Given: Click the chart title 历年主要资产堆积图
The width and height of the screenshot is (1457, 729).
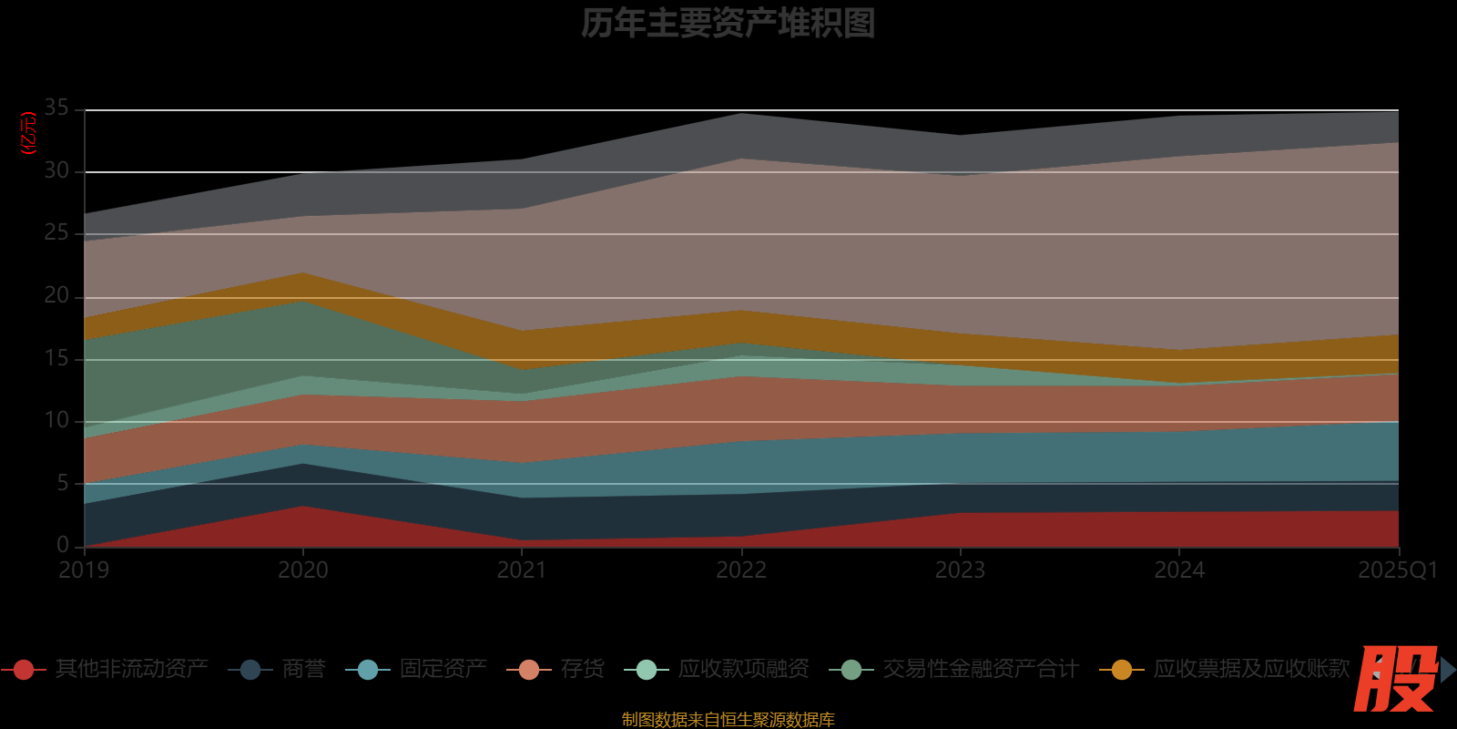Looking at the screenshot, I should (x=728, y=24).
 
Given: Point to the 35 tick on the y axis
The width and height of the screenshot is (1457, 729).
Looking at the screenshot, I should (x=56, y=108).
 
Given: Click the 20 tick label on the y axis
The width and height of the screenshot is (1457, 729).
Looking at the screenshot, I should (x=56, y=296).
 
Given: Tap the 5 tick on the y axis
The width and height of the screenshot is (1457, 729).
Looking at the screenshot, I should (x=63, y=483).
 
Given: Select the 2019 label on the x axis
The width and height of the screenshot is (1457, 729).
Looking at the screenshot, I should (x=84, y=570).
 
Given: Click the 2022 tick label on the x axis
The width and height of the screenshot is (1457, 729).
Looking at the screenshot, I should (x=741, y=570).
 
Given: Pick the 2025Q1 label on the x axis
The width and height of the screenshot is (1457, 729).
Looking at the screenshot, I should (x=1397, y=570).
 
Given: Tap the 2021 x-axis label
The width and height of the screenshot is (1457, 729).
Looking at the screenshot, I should (x=522, y=570).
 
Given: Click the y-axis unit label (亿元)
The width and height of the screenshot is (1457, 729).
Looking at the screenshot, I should (x=28, y=133).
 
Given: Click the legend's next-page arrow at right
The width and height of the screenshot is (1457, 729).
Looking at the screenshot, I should (x=1448, y=670).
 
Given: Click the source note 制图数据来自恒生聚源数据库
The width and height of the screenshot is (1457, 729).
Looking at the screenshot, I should (x=728, y=720).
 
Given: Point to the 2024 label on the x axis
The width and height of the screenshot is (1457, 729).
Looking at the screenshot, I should (x=1179, y=570).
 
